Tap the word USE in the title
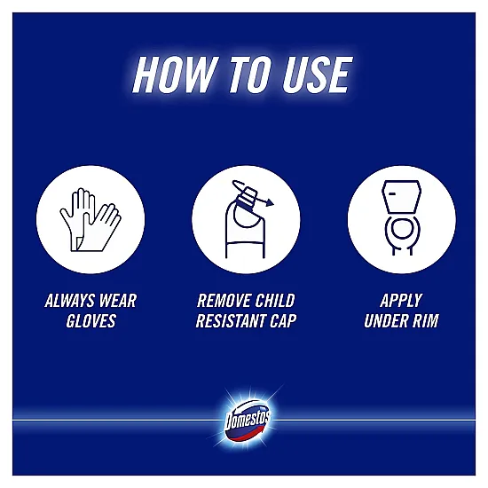tap(317, 75)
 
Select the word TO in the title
tap(251, 75)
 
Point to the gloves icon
tap(91, 220)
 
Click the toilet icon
tap(401, 218)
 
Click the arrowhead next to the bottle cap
tap(270, 202)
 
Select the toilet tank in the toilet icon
tap(401, 197)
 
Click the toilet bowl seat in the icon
tap(402, 230)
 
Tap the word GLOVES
tap(91, 321)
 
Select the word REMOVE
tap(224, 301)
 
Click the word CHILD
tap(275, 301)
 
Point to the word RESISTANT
tap(231, 321)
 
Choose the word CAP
tap(283, 321)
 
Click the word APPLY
tap(401, 301)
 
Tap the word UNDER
tap(386, 321)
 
